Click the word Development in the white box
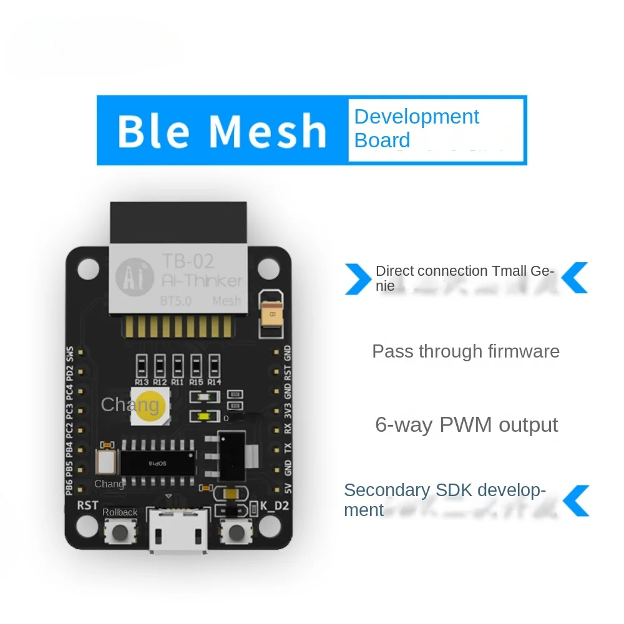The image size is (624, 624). pos(416,117)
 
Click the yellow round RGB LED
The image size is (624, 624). pos(147,406)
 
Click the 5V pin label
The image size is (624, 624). pos(288,487)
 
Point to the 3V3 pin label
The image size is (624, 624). pos(288,411)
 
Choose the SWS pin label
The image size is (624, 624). pos(70,354)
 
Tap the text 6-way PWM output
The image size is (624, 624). pos(466,425)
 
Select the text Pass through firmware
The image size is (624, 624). pos(466,351)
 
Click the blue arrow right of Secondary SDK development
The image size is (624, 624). pos(577,500)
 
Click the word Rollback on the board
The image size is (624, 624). pos(120,512)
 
